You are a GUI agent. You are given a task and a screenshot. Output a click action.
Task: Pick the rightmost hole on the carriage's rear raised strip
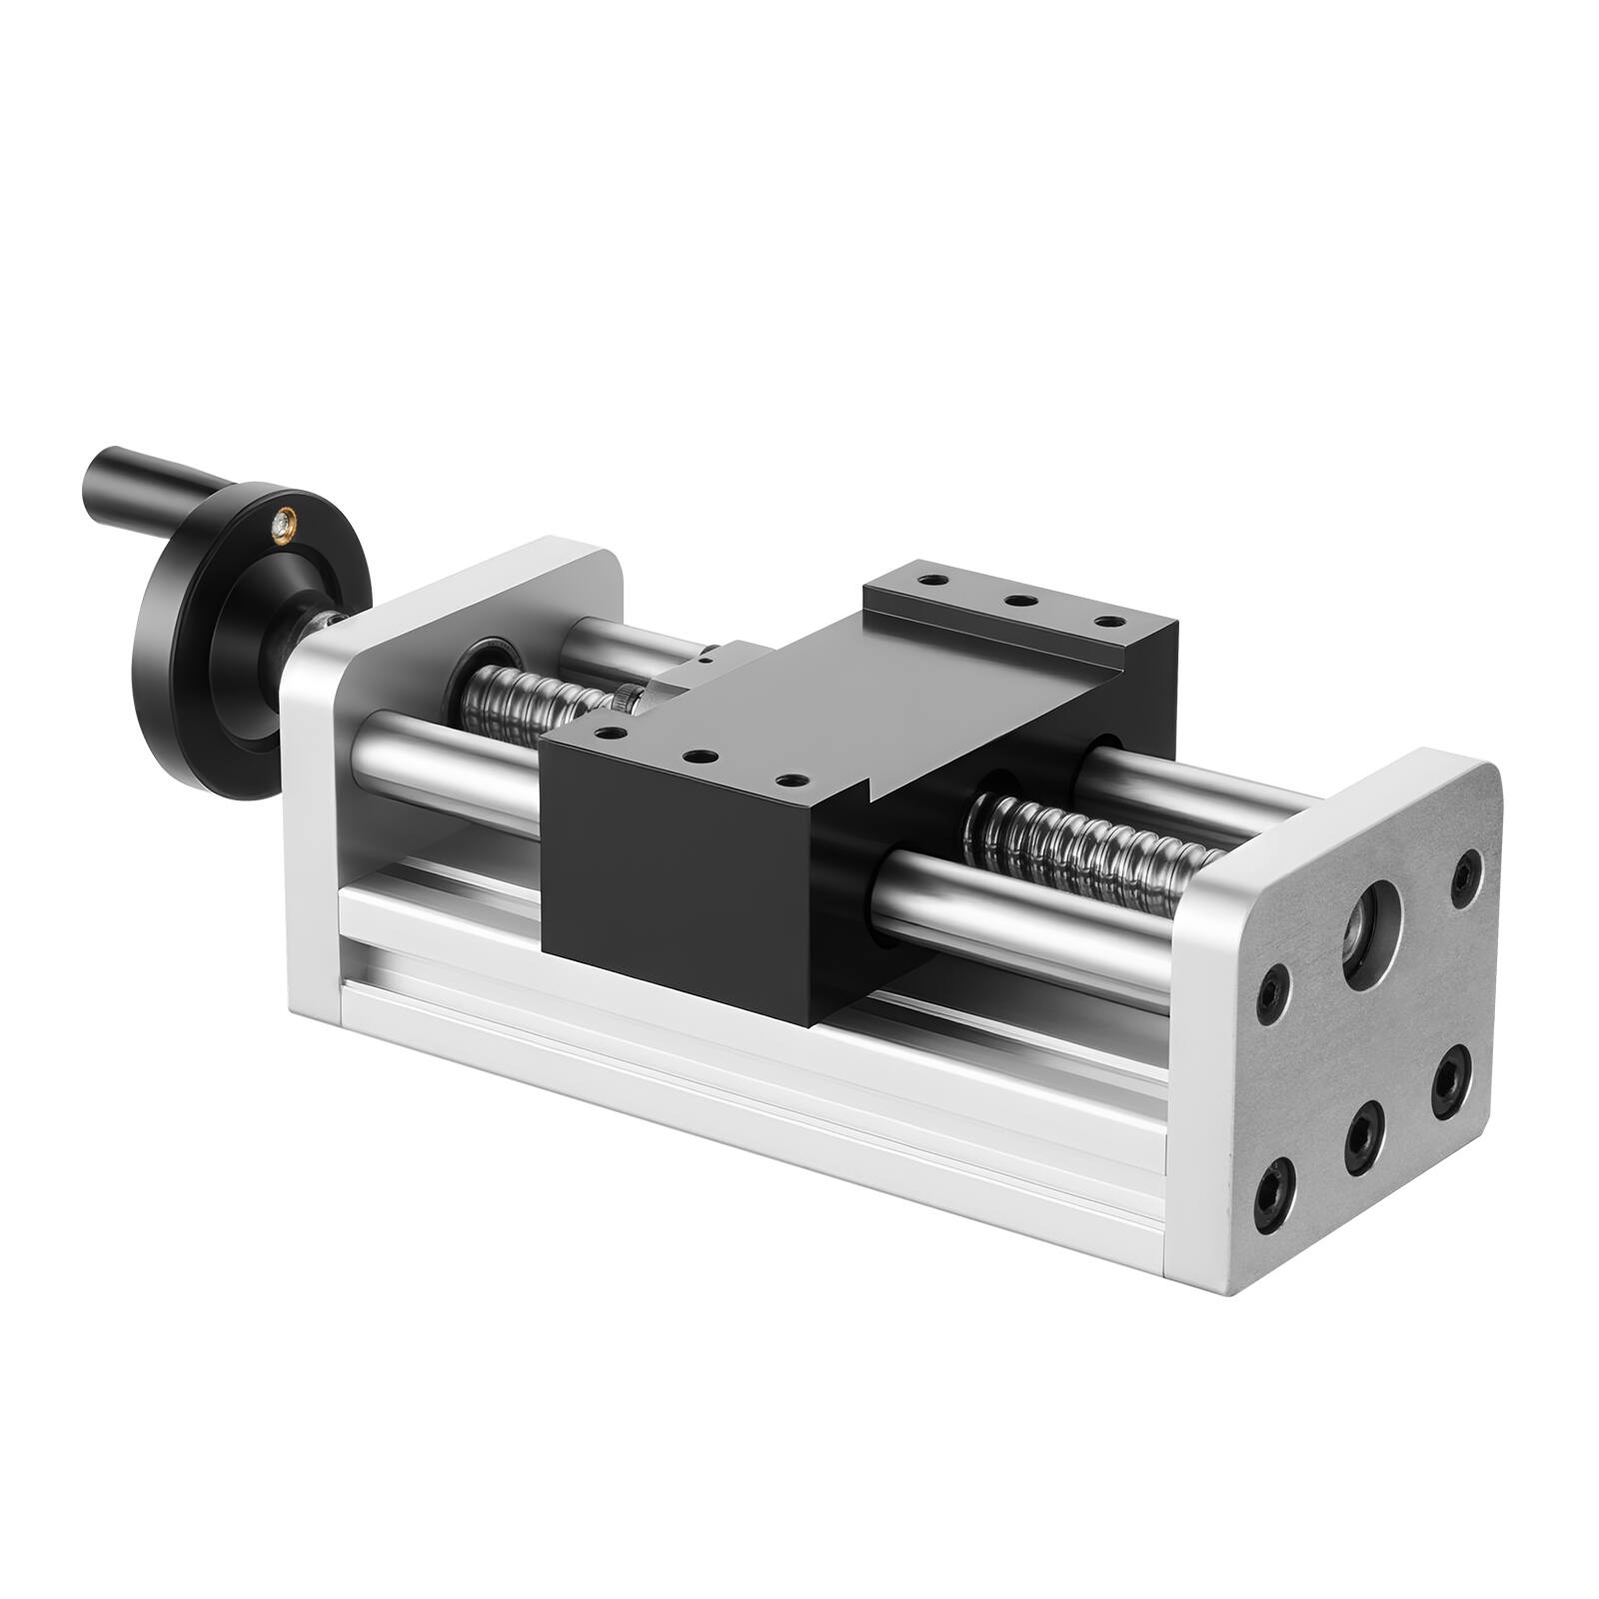(1105, 622)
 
